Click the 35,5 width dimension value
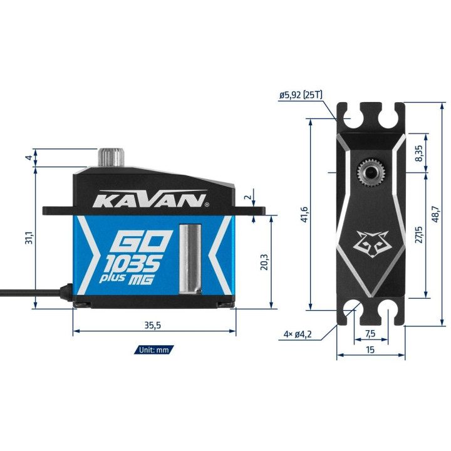[152, 325]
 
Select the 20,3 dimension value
[264, 262]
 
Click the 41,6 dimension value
[304, 214]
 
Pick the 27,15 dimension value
[419, 234]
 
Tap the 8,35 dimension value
[419, 153]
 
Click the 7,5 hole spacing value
[370, 334]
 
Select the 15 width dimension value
[370, 350]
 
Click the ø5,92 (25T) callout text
[301, 95]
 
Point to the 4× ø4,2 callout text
[298, 334]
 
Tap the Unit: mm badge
[153, 350]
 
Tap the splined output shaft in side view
[111, 157]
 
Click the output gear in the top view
[370, 173]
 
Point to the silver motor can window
[190, 259]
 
